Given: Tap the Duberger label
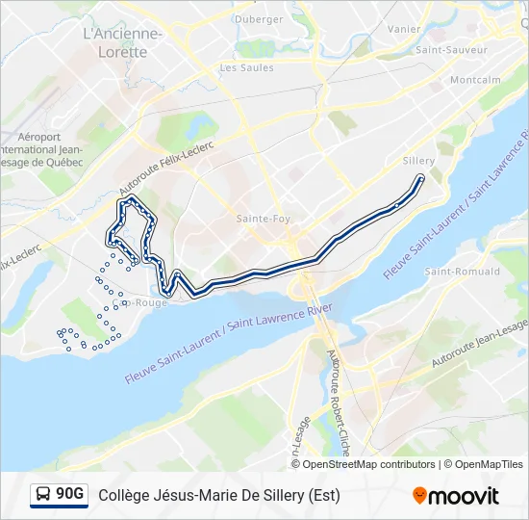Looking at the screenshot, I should click(x=259, y=19).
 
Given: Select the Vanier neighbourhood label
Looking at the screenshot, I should click(x=404, y=30).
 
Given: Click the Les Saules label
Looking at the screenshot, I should click(x=246, y=68).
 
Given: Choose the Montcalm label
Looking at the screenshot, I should click(x=475, y=80).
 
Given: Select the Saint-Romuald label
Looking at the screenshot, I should click(x=463, y=272).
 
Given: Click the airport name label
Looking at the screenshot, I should click(x=43, y=150).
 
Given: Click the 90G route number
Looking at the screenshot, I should click(x=70, y=495).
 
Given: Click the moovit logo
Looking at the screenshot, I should click(x=456, y=496).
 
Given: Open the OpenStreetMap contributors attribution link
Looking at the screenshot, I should click(x=369, y=464).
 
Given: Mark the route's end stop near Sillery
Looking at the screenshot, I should click(x=420, y=177).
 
